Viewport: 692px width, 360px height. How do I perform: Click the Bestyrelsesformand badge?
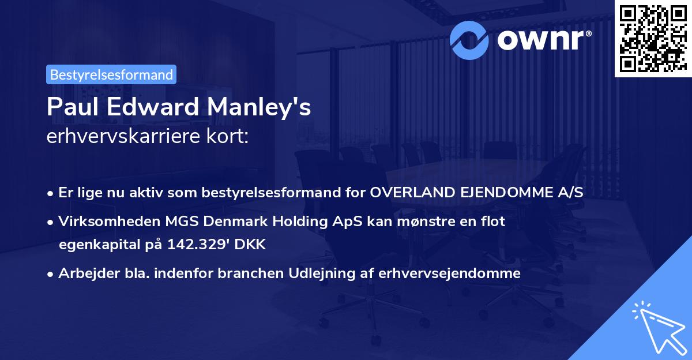click(111, 74)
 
